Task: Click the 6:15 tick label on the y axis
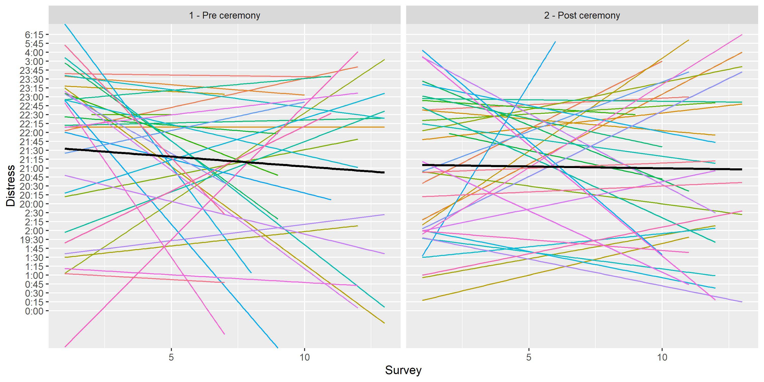point(34,35)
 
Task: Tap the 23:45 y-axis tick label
point(31,71)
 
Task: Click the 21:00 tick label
point(31,168)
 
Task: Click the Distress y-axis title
point(11,186)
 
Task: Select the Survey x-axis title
point(403,370)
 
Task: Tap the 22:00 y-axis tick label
point(31,133)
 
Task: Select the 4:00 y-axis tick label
point(34,53)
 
